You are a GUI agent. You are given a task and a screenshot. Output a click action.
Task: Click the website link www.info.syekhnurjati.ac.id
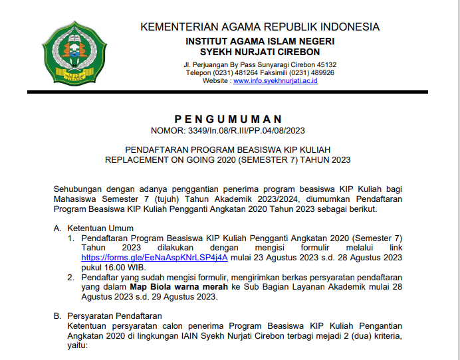click(275, 81)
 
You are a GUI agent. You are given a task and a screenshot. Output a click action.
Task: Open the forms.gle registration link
click(154, 257)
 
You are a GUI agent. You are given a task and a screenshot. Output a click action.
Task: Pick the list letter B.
click(57, 317)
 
